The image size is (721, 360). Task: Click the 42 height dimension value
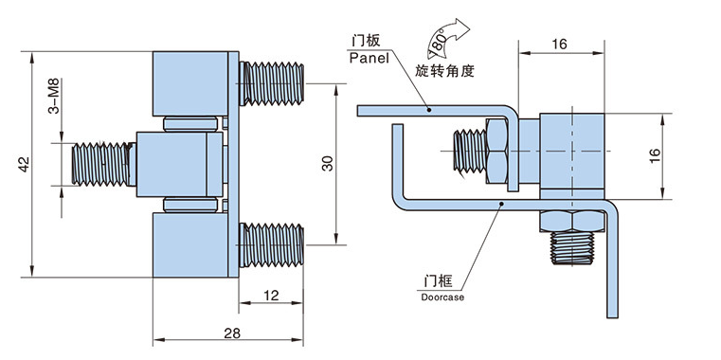[x=25, y=164]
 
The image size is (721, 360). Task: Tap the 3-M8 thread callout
[x=54, y=96]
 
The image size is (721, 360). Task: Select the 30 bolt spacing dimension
[x=327, y=164]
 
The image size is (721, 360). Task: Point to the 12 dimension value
[x=271, y=296]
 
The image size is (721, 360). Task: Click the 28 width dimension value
[x=233, y=333]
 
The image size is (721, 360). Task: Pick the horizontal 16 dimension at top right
[x=560, y=45]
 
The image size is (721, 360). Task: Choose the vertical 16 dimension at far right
[x=656, y=155]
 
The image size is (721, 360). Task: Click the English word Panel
[x=369, y=58]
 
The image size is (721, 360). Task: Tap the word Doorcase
[x=442, y=297]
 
